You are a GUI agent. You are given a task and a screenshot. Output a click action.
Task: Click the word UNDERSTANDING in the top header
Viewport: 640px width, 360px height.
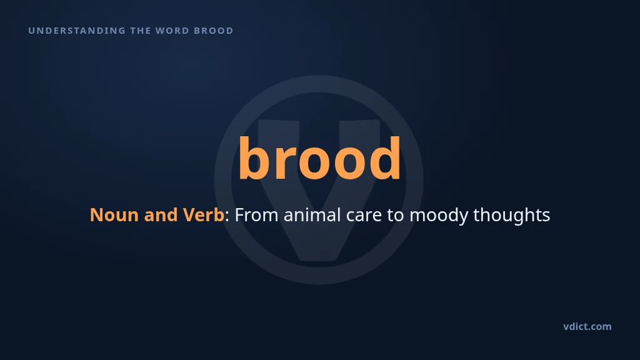click(77, 31)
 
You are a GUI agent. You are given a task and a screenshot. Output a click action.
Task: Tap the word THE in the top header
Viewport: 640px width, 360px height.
click(140, 31)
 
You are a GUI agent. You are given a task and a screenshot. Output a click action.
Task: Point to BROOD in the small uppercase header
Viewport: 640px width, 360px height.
click(214, 31)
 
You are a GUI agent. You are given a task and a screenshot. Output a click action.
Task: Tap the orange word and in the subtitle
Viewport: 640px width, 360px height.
click(161, 215)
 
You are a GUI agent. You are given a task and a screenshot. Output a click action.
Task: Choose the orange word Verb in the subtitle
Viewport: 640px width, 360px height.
click(203, 215)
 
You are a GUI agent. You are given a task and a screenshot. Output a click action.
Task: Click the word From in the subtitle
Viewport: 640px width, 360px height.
click(256, 215)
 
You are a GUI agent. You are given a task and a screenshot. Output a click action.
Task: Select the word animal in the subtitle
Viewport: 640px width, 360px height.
click(312, 215)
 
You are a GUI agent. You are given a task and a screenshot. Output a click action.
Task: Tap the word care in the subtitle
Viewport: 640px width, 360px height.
click(364, 217)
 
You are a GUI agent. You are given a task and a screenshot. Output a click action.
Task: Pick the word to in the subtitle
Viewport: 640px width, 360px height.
click(395, 216)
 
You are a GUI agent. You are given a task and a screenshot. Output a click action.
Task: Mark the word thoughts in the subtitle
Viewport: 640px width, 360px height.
click(511, 216)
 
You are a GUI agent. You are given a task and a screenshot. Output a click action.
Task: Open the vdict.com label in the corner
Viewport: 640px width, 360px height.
click(587, 326)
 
